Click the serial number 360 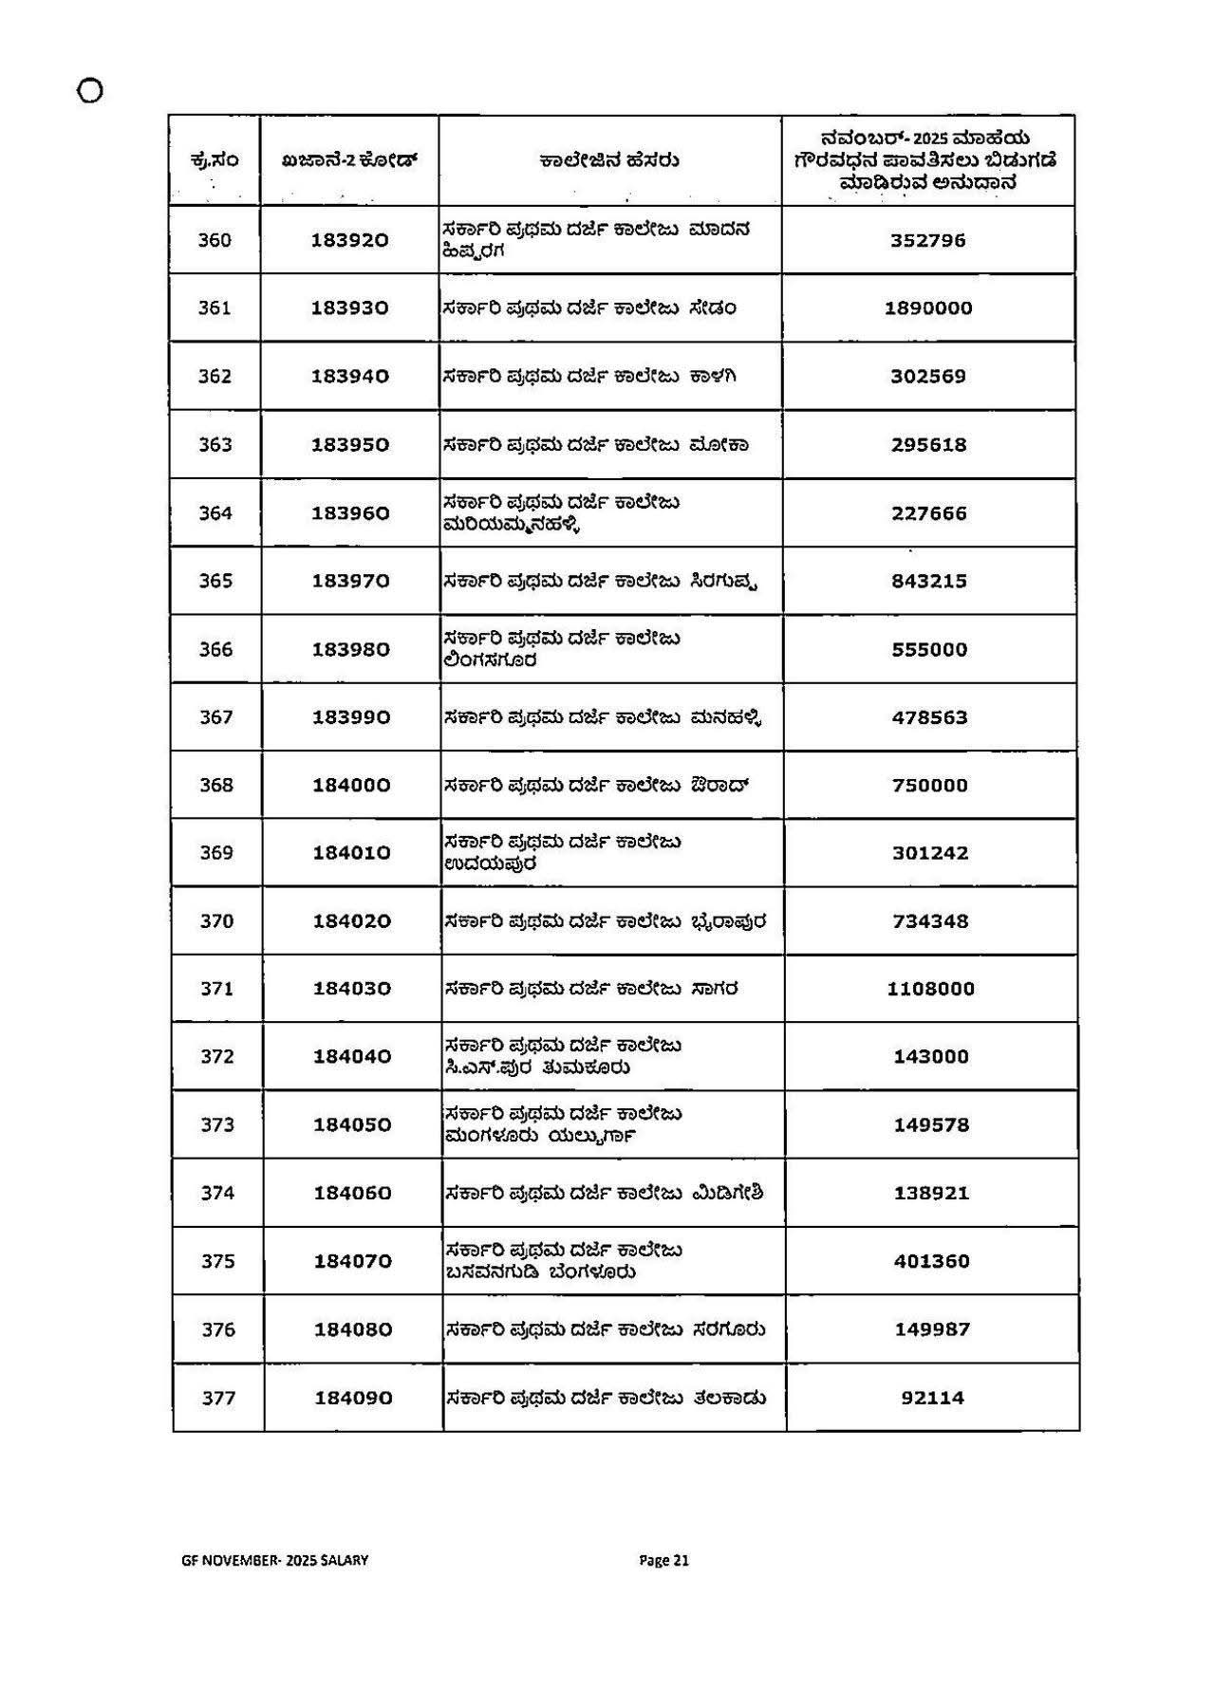[215, 240]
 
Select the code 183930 [350, 308]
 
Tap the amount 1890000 [928, 308]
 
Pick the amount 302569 [928, 377]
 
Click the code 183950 [350, 445]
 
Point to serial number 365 [215, 581]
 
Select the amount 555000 [929, 650]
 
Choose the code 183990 [351, 717]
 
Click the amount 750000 [930, 786]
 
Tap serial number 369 [216, 853]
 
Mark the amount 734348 [930, 921]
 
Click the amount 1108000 [930, 989]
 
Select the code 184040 [352, 1057]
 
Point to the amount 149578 [931, 1125]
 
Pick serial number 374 [217, 1194]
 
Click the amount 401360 [931, 1262]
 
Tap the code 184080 [353, 1330]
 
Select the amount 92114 [932, 1399]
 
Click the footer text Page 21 [663, 1560]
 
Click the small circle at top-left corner [90, 91]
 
